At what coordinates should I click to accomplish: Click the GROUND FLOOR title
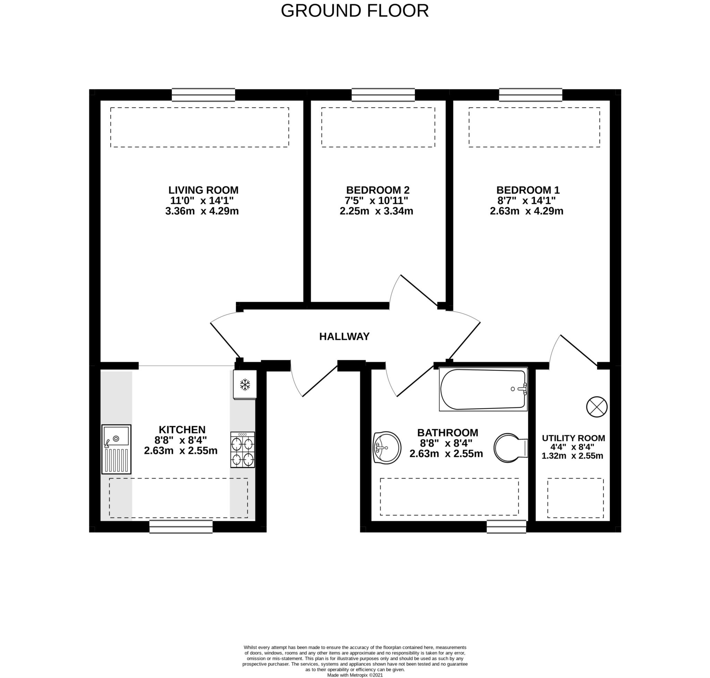pos(355,11)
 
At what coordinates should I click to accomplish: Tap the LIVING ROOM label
pos(203,190)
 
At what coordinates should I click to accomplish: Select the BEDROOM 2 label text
pos(378,190)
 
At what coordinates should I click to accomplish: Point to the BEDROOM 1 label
pos(528,190)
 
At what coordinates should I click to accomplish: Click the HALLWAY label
pos(344,337)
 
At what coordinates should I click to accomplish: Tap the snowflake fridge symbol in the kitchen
pos(245,384)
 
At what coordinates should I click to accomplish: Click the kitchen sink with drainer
pos(116,449)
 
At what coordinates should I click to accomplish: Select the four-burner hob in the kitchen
pos(243,450)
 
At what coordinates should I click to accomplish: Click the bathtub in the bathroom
pos(483,389)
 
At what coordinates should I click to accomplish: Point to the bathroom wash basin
pos(387,447)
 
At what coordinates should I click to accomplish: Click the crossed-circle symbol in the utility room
pos(597,407)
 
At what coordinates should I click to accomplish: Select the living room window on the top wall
pos(203,95)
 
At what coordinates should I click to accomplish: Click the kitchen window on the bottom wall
pos(181,527)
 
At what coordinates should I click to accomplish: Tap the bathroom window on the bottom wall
pos(506,527)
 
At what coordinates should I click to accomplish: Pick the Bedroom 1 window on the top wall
pos(530,95)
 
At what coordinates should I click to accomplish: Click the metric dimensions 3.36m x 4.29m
pos(202,211)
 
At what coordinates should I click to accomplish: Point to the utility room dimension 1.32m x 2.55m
pos(572,456)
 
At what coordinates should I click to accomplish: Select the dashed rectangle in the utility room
pos(575,498)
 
